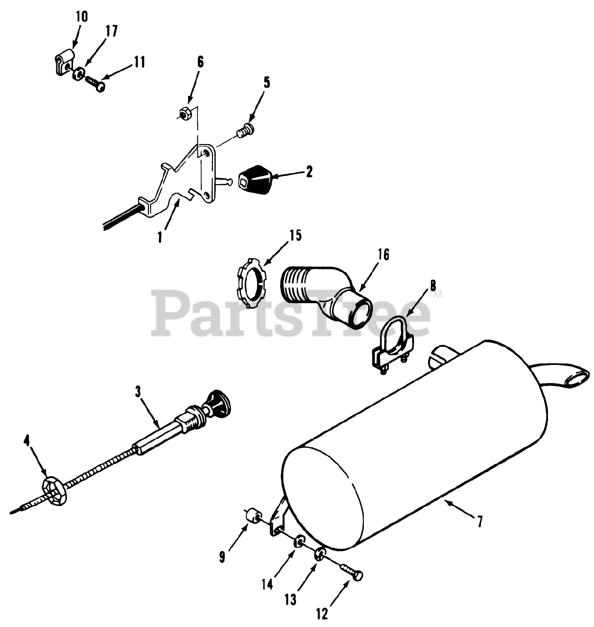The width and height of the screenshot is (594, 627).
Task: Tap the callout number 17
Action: click(111, 31)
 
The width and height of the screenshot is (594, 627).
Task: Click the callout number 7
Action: click(479, 523)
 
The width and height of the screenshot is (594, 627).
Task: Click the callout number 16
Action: click(383, 255)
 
